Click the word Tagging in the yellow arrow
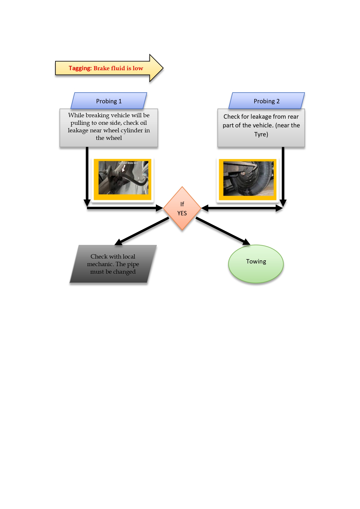[80, 68]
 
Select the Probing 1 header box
[109, 101]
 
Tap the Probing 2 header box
[267, 101]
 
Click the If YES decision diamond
[182, 208]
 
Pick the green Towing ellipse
[256, 263]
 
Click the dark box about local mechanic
[113, 264]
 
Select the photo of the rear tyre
[248, 179]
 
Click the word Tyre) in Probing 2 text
[261, 134]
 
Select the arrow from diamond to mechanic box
[142, 231]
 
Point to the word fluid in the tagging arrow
[118, 68]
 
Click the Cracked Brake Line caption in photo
[128, 163]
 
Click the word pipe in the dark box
[133, 264]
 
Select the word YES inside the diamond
[182, 213]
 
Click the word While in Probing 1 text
[76, 115]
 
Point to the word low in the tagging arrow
[138, 68]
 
